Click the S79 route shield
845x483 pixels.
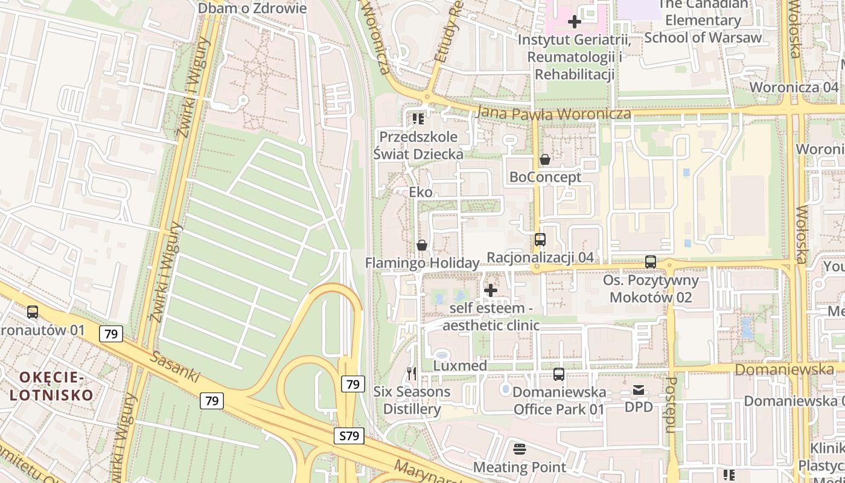click(x=349, y=435)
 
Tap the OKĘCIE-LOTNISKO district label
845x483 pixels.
click(x=51, y=386)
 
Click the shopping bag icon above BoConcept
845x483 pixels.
click(x=544, y=159)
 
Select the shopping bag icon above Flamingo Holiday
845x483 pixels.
click(x=421, y=245)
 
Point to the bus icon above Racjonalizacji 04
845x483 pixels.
click(x=540, y=240)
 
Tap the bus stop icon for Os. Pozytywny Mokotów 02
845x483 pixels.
click(x=650, y=262)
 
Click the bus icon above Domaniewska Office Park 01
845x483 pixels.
click(x=559, y=374)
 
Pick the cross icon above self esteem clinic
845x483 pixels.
click(x=491, y=290)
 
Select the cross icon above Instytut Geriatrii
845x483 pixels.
click(x=575, y=22)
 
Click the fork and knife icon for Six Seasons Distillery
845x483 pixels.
click(x=412, y=374)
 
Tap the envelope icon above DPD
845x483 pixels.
click(x=639, y=390)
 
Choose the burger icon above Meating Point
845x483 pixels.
click(x=520, y=449)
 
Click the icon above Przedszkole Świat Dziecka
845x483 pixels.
click(x=418, y=119)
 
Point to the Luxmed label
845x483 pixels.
click(x=460, y=366)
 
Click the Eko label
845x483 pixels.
click(x=421, y=192)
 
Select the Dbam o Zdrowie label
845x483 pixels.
click(x=252, y=8)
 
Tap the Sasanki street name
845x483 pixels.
click(x=176, y=366)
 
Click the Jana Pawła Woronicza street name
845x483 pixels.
click(x=553, y=114)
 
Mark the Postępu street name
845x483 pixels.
click(x=671, y=405)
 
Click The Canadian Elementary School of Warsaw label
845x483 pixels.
click(x=703, y=21)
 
